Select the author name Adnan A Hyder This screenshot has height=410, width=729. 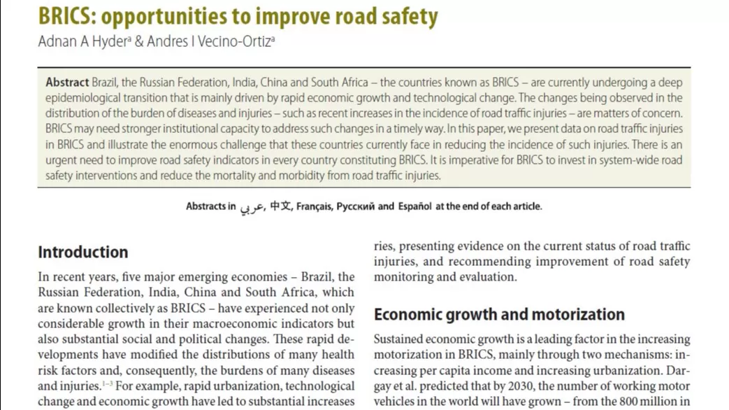coord(82,41)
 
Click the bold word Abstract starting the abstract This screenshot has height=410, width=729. coord(67,83)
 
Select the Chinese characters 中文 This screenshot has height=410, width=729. coord(281,206)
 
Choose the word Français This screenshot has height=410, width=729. coord(314,206)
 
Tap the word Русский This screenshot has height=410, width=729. coord(356,206)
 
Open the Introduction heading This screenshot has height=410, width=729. coord(82,252)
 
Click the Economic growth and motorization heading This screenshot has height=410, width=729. coord(499,314)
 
